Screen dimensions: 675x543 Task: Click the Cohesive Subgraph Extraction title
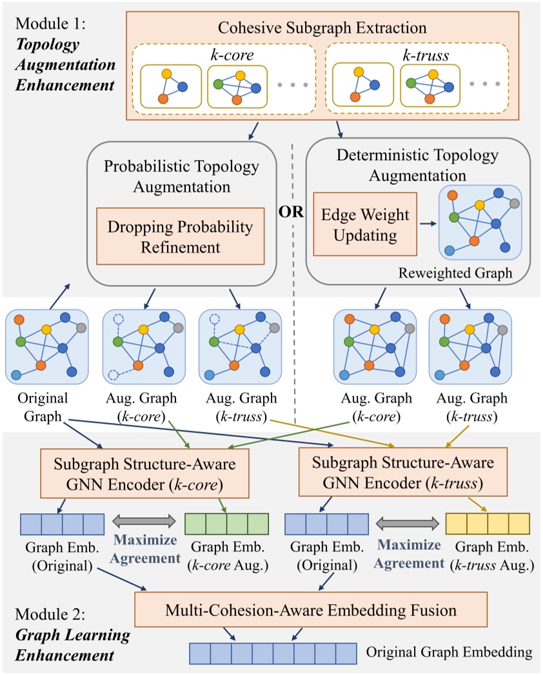click(322, 28)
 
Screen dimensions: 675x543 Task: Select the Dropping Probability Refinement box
click(181, 236)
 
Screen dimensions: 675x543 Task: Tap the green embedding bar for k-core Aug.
click(226, 523)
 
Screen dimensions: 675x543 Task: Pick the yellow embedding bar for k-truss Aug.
click(488, 523)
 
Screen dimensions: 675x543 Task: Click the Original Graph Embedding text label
click(449, 652)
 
